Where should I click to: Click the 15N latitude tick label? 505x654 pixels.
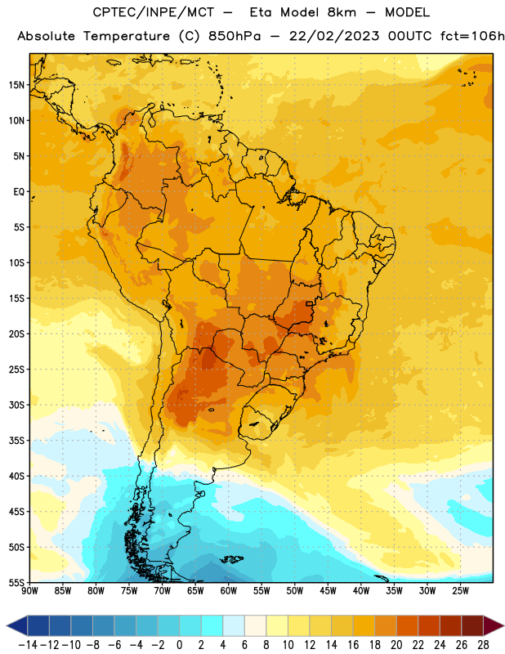click(x=16, y=85)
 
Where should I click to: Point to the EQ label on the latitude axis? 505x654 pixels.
click(x=19, y=192)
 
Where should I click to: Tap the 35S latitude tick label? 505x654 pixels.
click(x=16, y=441)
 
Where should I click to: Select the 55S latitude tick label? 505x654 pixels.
click(x=16, y=583)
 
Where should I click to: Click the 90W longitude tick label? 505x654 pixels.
click(x=29, y=591)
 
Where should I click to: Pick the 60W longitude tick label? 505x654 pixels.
click(x=229, y=591)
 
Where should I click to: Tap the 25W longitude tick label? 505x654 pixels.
click(x=460, y=591)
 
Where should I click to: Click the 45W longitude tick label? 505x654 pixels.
click(x=328, y=591)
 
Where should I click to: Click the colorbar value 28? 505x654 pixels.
click(x=483, y=645)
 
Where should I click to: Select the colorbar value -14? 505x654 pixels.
click(x=28, y=645)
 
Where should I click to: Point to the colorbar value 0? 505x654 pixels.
click(x=180, y=645)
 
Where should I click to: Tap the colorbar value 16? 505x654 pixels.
click(x=353, y=645)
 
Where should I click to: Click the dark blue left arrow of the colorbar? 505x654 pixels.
click(x=17, y=625)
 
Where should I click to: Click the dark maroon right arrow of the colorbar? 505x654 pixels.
click(x=494, y=625)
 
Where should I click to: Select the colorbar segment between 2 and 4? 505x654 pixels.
click(x=212, y=625)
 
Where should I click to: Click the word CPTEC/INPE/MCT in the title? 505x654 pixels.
click(x=154, y=12)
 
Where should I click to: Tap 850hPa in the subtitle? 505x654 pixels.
click(x=235, y=36)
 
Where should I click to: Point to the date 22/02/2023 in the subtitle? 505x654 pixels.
click(x=334, y=36)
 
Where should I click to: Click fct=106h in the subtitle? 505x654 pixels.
click(x=472, y=36)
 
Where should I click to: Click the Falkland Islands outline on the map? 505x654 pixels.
click(x=231, y=559)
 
